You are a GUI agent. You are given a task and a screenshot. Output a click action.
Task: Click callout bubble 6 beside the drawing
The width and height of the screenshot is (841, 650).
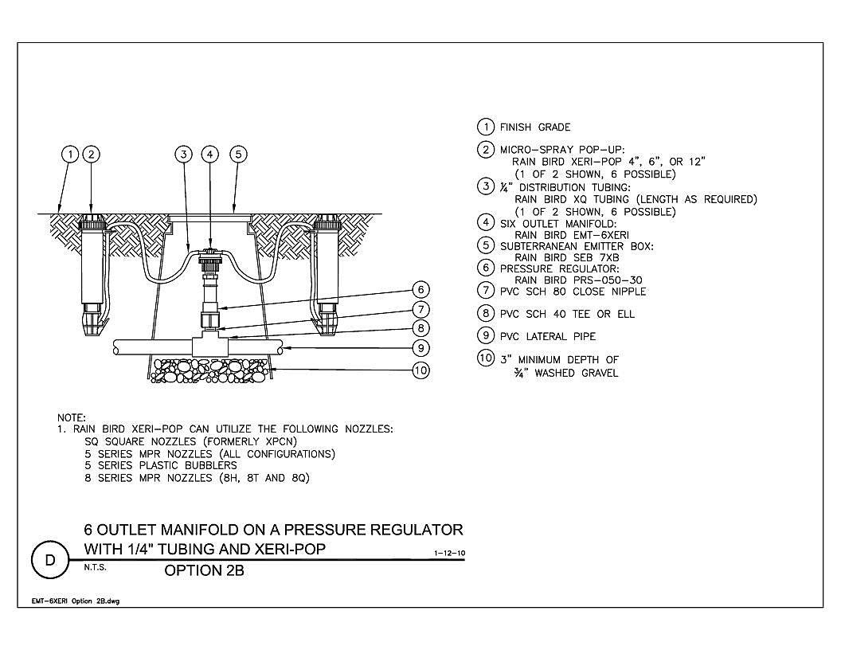(x=421, y=290)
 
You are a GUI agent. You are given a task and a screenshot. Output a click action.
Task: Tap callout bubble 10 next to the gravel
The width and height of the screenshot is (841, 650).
(x=421, y=370)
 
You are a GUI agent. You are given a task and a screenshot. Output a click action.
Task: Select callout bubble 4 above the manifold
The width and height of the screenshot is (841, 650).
(x=209, y=155)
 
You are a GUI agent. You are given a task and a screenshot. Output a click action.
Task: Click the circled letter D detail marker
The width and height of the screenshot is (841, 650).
(x=50, y=561)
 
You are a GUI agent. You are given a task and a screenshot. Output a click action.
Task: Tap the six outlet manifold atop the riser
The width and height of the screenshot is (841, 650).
(x=209, y=256)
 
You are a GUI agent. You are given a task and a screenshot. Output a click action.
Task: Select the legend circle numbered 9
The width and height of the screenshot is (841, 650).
(x=485, y=335)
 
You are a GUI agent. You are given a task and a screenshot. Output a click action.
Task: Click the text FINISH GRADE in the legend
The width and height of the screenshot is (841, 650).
(x=534, y=127)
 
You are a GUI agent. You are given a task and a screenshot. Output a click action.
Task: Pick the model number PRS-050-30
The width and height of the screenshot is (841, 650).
(x=605, y=280)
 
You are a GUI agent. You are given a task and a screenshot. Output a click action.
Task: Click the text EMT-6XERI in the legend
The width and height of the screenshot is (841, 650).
(x=599, y=235)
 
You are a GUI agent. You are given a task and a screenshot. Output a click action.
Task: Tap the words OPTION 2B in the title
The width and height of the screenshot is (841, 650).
(x=204, y=570)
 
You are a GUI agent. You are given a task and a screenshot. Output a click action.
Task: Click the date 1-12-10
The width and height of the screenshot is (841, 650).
(x=449, y=553)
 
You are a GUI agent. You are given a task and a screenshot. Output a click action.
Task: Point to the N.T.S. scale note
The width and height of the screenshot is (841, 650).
(x=95, y=567)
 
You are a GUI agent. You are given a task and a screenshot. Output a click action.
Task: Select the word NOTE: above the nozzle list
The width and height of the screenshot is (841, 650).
(x=72, y=417)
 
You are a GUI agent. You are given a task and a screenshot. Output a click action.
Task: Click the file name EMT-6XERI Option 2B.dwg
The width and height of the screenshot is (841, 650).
(x=76, y=601)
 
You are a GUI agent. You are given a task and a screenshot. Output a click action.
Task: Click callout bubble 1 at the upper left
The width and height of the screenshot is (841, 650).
(x=70, y=155)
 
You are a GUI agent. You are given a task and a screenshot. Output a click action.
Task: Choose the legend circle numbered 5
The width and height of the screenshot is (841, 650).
(x=485, y=245)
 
